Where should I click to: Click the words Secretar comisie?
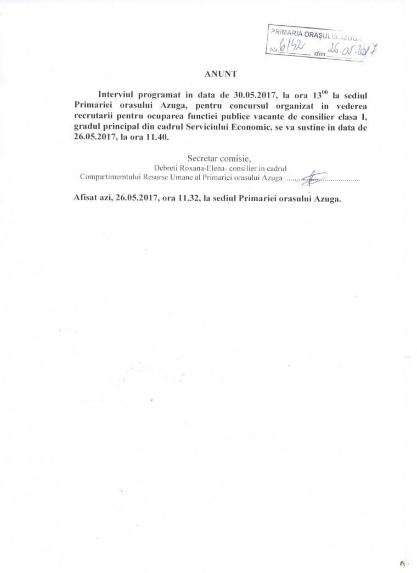[x=211, y=158]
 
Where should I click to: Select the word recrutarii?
[x=92, y=116]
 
